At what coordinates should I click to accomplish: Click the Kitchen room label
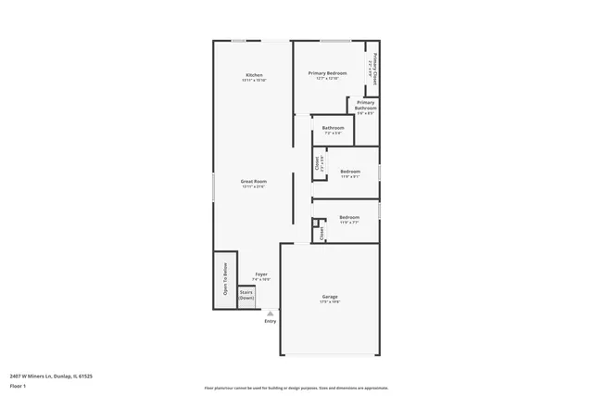pos(254,75)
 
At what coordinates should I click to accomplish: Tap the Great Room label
pos(254,182)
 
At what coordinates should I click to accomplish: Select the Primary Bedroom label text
pos(327,72)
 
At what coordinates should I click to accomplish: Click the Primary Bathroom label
pos(365,105)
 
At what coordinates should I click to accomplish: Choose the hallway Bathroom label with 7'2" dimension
pos(333,128)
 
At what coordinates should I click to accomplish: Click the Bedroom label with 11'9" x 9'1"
pos(349,172)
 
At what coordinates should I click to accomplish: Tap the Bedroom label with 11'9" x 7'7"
pos(349,217)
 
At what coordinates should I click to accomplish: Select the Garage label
pos(330,297)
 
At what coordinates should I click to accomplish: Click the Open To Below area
pos(224,280)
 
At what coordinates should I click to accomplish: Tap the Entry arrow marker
pos(270,313)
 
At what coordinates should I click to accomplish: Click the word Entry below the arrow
pos(270,321)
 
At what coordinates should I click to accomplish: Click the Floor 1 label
pos(18,385)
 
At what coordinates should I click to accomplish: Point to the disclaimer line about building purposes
pos(296,387)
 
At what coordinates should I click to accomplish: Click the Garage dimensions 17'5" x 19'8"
pos(330,302)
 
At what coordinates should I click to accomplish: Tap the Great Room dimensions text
pos(254,187)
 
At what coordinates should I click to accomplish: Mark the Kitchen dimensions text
pos(254,81)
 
